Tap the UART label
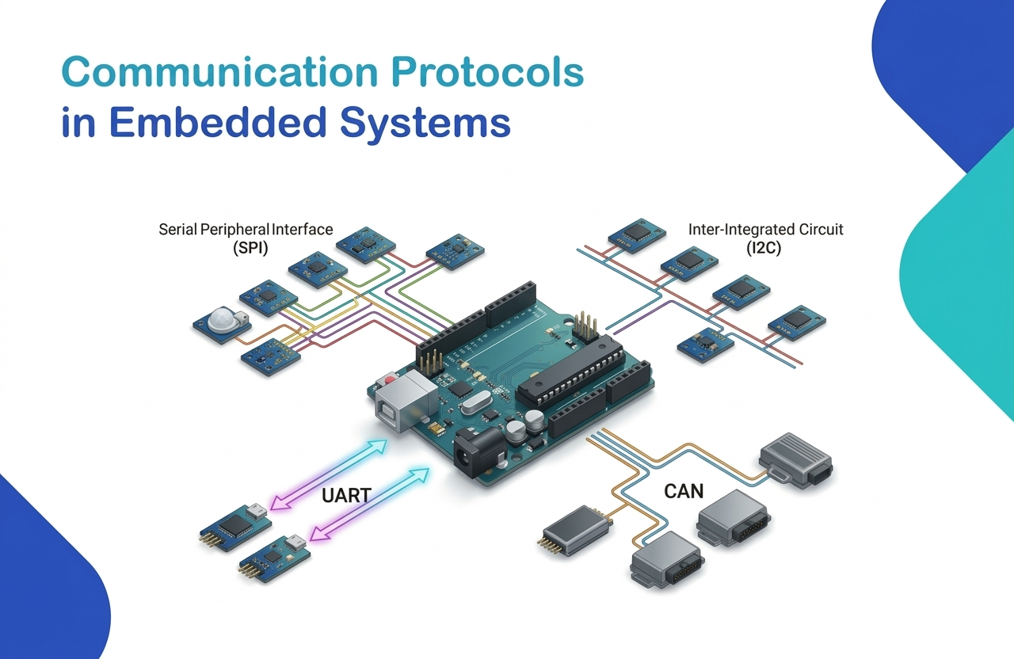pyautogui.click(x=346, y=497)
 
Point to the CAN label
pyautogui.click(x=683, y=492)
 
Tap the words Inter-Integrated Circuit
pyautogui.click(x=765, y=230)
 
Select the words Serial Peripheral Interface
pyautogui.click(x=246, y=230)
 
